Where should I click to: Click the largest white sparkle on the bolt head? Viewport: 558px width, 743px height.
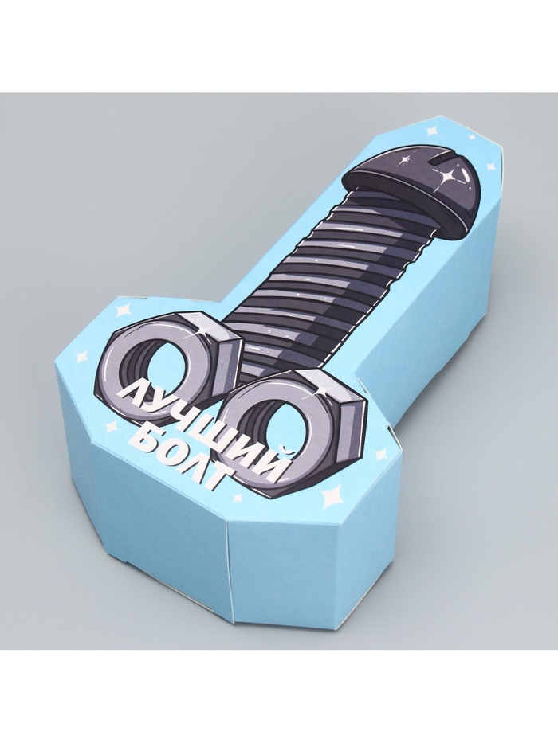[446, 178]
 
